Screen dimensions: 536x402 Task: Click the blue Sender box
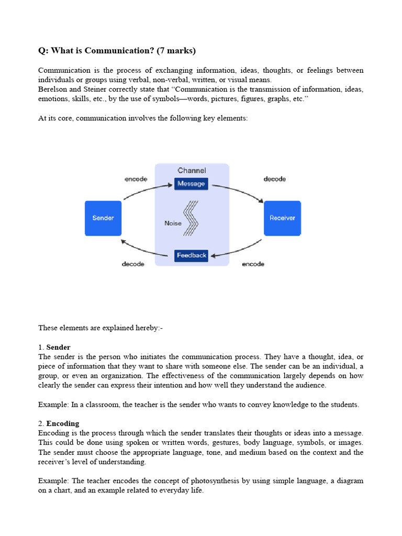click(103, 218)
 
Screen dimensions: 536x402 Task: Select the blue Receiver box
click(282, 218)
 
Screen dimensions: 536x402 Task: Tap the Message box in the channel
click(191, 184)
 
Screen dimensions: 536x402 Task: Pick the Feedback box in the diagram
click(192, 255)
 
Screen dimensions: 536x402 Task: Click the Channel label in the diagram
click(192, 170)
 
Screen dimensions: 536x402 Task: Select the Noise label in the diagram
click(173, 223)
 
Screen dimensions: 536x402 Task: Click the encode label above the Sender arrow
click(136, 179)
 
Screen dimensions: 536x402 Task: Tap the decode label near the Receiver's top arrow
click(275, 179)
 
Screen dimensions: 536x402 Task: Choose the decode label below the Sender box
click(133, 264)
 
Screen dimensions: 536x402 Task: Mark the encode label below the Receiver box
click(253, 264)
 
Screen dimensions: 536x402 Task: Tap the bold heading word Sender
click(58, 347)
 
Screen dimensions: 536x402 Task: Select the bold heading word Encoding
click(63, 423)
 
